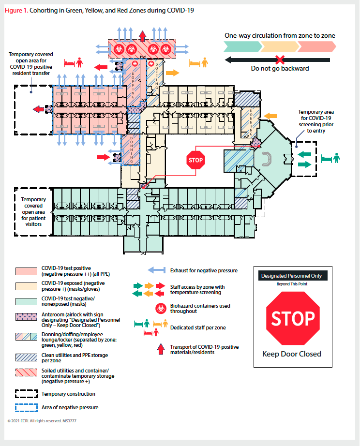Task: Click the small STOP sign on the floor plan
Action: [x=195, y=160]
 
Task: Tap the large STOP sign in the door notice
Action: [x=293, y=319]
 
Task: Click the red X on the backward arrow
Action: [x=280, y=60]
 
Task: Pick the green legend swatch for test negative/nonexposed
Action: [x=26, y=302]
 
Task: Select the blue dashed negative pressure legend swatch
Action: [x=26, y=407]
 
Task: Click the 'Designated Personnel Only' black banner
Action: [x=292, y=276]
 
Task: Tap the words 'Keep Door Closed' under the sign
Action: [x=292, y=354]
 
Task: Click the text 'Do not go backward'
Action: [x=280, y=69]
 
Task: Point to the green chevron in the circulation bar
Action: [x=242, y=46]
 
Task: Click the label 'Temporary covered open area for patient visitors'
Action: [x=33, y=212]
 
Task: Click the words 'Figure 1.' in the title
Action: [x=15, y=10]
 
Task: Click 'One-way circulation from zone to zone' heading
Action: [x=280, y=35]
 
